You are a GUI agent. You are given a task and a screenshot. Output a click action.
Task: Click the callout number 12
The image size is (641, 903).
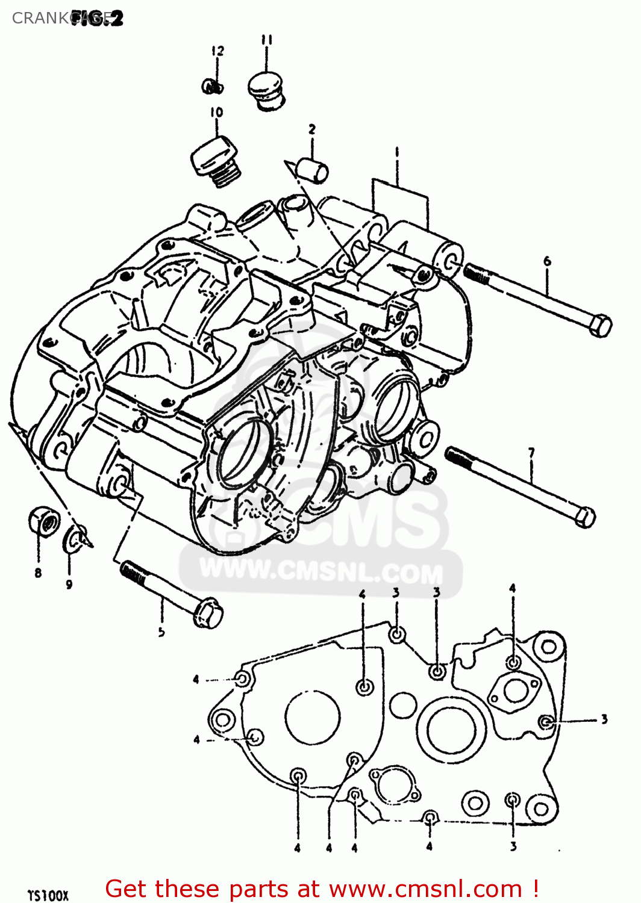217,51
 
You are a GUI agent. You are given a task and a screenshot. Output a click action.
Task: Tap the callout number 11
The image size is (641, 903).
267,40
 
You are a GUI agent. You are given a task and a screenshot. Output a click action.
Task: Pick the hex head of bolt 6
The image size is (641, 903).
600,326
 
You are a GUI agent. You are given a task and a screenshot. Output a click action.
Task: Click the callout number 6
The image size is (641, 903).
547,261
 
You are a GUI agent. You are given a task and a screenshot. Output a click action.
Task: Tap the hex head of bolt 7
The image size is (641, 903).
584,517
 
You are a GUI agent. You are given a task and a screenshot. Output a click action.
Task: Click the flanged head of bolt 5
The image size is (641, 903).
208,613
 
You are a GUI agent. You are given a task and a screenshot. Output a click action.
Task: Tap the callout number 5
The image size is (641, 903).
161,632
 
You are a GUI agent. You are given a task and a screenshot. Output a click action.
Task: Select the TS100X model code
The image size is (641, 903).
48,895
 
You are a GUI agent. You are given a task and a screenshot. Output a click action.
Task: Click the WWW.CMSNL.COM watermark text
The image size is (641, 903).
321,571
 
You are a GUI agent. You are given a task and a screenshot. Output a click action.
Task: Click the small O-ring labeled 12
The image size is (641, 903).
211,87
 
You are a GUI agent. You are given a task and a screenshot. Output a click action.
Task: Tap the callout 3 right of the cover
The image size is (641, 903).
604,719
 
